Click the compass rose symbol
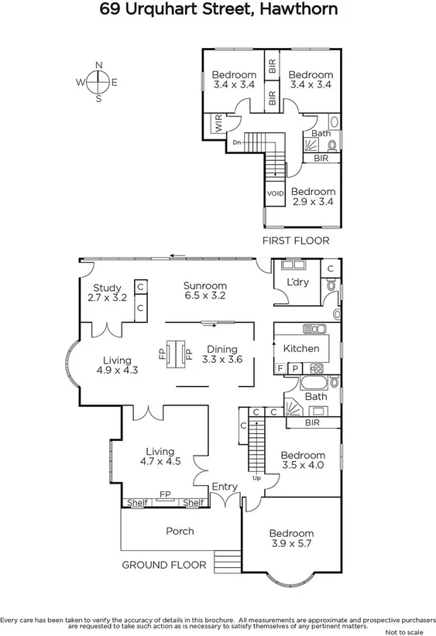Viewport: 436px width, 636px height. point(98,81)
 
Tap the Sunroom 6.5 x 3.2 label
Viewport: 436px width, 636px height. point(204,290)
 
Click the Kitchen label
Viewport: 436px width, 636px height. point(300,348)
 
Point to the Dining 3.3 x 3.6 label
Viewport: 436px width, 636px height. point(217,354)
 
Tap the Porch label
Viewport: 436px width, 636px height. point(180,531)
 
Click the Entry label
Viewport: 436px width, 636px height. point(225,486)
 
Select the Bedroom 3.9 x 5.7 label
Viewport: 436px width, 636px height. point(291,539)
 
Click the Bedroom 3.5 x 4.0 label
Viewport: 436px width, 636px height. point(302,460)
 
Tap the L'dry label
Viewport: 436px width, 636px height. point(297,282)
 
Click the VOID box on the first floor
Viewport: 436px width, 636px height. point(274,193)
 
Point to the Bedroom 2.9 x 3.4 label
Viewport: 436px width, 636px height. point(313,197)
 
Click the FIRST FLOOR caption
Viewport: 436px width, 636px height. point(295,241)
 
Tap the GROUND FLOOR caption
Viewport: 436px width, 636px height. point(164,565)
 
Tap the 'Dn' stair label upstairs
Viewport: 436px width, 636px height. point(236,142)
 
